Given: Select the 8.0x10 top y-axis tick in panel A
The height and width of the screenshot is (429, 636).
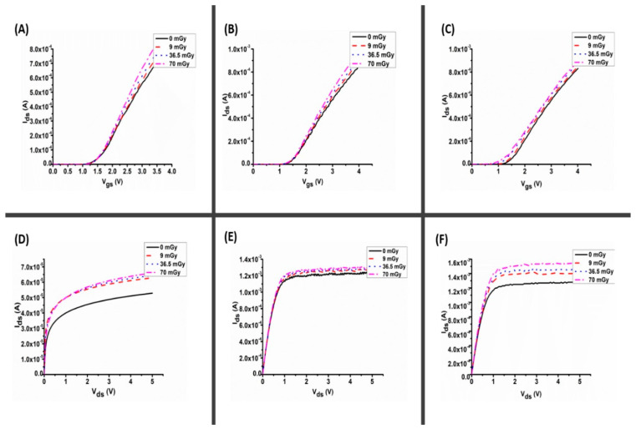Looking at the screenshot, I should click(x=39, y=50).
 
